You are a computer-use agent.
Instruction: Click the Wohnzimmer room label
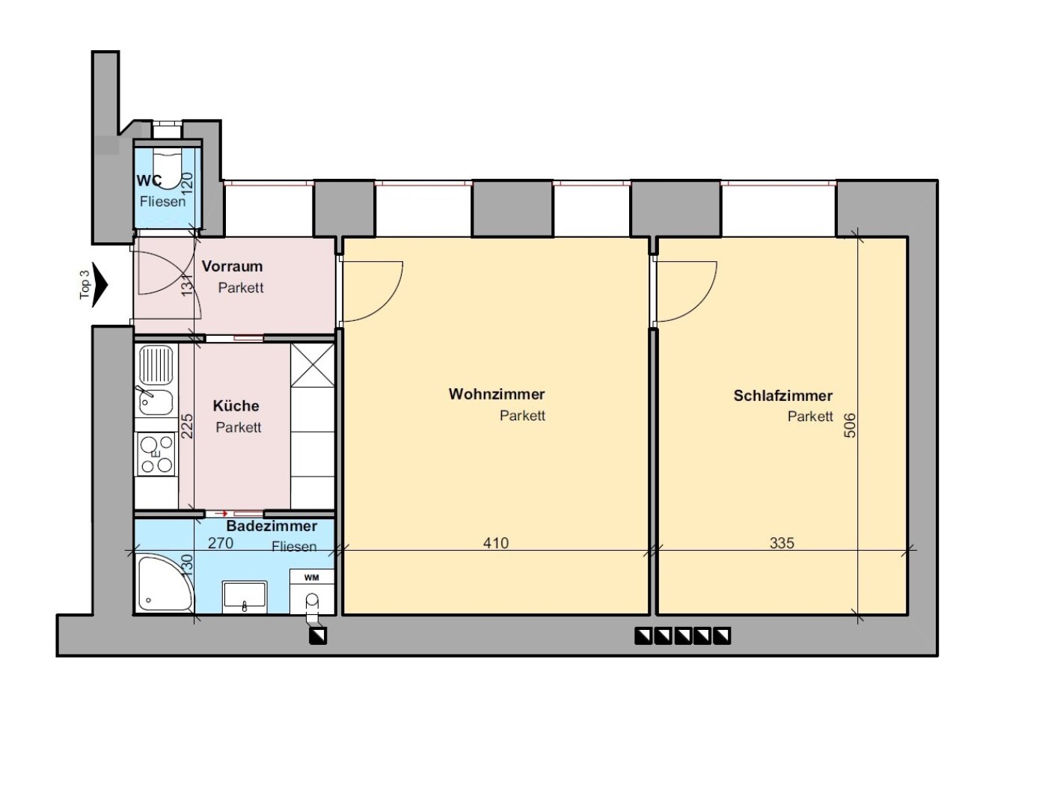496,394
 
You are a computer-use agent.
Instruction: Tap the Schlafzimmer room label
782,396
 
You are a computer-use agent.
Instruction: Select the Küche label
236,405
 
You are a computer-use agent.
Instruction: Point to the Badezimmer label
272,526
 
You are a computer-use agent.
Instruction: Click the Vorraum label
232,266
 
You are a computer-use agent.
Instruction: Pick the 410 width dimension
496,543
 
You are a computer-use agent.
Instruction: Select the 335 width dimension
782,543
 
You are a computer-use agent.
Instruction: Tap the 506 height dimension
851,425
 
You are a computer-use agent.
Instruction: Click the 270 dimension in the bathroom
221,543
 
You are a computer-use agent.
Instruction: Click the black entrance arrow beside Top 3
99,284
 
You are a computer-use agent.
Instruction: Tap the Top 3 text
85,284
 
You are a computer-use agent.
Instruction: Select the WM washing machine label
311,578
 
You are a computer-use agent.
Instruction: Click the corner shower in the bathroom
164,584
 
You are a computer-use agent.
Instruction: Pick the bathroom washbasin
245,597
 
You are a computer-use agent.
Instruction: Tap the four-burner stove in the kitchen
156,453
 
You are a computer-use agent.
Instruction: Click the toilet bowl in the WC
167,166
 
